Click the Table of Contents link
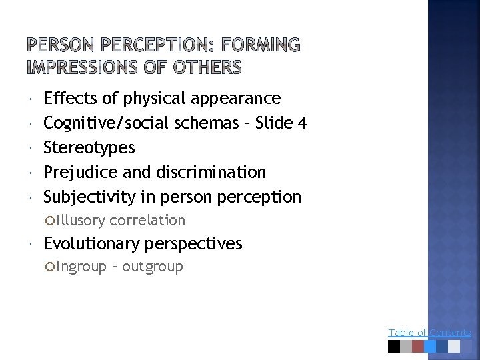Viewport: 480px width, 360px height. [x=429, y=332]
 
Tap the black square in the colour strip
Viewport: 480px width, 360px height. [x=394, y=346]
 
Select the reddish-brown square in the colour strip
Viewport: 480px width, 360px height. [x=418, y=346]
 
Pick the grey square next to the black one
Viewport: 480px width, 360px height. [x=406, y=346]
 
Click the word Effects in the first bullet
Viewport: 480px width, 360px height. [x=71, y=99]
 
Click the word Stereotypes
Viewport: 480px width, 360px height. [x=89, y=147]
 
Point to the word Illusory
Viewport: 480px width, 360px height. [x=81, y=220]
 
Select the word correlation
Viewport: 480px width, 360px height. [x=147, y=220]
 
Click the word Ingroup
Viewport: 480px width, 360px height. [x=81, y=267]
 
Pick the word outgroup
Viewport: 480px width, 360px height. [x=153, y=267]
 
